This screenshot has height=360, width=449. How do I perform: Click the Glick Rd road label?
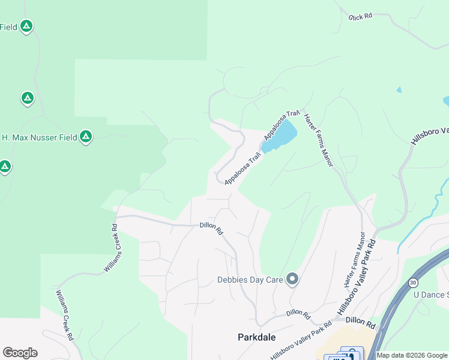(x=360, y=16)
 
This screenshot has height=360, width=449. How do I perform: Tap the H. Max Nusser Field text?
(x=39, y=137)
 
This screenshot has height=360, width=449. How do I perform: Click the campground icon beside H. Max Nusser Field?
(x=86, y=137)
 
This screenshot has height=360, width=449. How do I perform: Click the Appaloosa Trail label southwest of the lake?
(x=243, y=169)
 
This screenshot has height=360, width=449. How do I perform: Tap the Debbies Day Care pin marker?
(x=292, y=279)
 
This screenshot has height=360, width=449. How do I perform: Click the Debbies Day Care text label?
(x=250, y=280)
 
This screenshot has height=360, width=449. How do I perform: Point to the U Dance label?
(x=431, y=295)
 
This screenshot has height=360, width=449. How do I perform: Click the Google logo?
(x=20, y=353)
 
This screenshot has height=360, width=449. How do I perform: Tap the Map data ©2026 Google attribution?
(x=412, y=355)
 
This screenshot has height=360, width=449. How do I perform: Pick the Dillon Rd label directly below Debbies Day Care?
(x=297, y=313)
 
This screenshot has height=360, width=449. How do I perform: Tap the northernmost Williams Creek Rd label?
(x=113, y=248)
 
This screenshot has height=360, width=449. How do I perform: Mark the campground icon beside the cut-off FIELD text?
(x=26, y=26)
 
